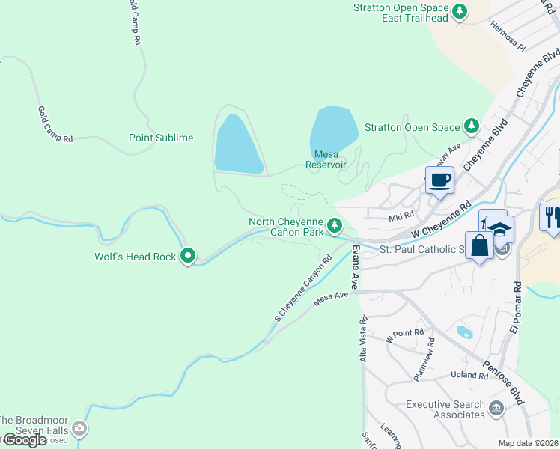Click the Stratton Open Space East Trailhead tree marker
pos(460,11)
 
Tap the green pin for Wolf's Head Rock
pos(188,257)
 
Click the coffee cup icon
pos(439,180)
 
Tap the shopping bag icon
pos(479,245)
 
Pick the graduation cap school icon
pos(500,230)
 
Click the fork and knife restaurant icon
pos(552,217)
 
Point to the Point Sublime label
pos(161,138)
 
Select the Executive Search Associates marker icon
pos(496,409)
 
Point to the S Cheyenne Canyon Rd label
pos(302,290)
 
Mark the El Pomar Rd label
pos(517,307)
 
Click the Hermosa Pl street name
pos(508,36)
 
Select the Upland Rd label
pos(469,374)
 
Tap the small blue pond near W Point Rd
pos(464,332)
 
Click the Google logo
pos(25,440)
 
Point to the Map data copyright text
pos(529,443)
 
